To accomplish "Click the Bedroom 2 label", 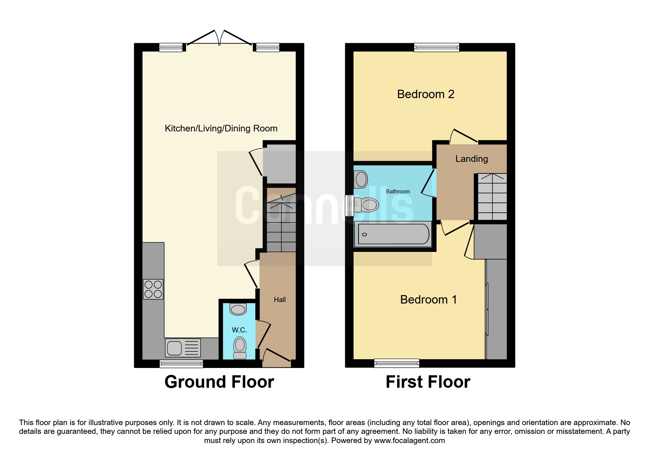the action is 425,94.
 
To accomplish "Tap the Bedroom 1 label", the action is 428,299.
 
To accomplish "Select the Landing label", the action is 472,159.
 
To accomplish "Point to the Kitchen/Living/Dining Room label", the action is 221,129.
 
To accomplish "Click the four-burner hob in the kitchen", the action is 153,289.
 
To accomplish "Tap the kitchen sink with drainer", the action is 183,347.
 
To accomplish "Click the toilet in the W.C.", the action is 240,348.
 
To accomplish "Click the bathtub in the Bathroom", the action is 393,234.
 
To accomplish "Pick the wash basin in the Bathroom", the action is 361,180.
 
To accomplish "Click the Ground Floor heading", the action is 219,382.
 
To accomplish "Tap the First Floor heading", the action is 428,382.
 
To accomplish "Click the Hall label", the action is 280,299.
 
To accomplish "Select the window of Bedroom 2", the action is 436,47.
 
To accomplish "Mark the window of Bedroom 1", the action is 397,363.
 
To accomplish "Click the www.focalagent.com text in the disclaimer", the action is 409,440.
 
